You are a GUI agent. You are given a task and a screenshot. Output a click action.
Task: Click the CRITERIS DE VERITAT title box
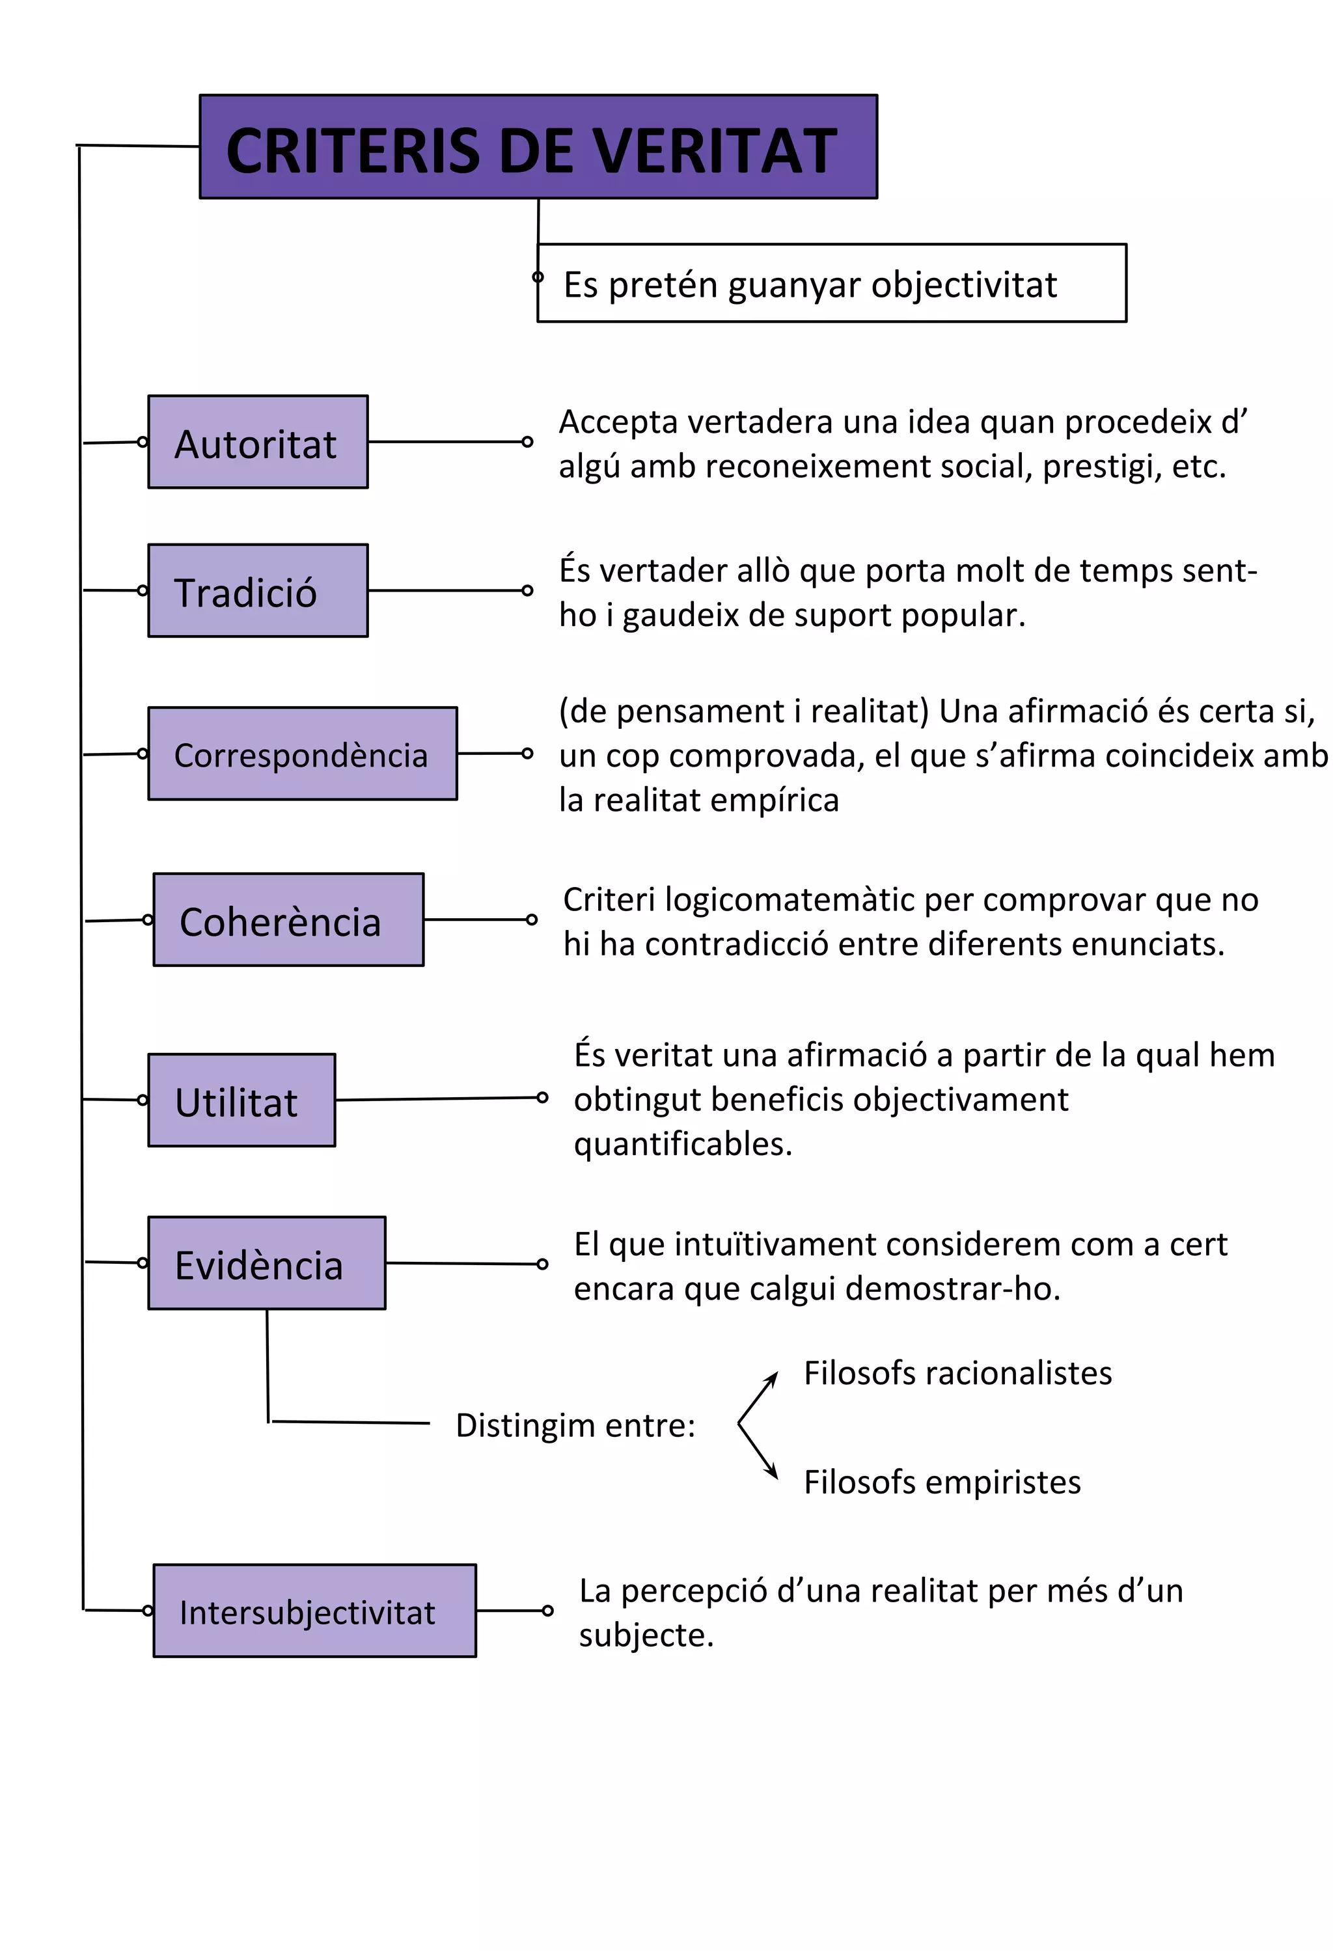[x=538, y=148]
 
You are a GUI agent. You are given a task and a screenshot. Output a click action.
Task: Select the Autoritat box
[x=258, y=442]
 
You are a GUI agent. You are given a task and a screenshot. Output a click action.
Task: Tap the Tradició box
[x=258, y=591]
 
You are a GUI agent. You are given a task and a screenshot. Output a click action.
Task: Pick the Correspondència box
[x=302, y=754]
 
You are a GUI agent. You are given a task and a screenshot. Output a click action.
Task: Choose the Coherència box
[x=288, y=920]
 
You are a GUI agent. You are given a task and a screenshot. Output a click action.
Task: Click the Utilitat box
[x=241, y=1100]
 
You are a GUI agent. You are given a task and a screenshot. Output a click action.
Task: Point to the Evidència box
[x=267, y=1263]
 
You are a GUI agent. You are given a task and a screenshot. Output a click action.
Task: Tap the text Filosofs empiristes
[x=942, y=1482]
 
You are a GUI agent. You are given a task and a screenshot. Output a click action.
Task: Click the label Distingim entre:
[x=575, y=1425]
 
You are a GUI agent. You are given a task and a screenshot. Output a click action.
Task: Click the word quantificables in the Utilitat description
[x=683, y=1144]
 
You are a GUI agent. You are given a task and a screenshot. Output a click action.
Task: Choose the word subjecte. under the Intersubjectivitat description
[x=646, y=1635]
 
